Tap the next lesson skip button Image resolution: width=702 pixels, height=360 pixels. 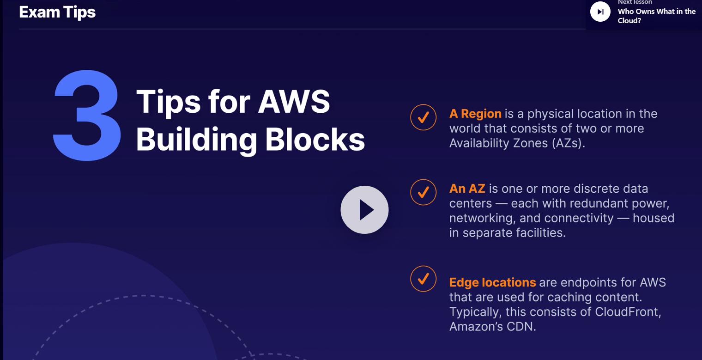tap(600, 12)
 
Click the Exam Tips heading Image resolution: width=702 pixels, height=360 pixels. tap(57, 12)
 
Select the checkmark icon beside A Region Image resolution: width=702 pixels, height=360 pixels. tap(423, 117)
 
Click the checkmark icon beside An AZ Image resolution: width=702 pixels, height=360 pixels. tap(423, 192)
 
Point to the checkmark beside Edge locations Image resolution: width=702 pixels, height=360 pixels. tap(423, 278)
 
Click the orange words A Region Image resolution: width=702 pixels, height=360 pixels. tap(475, 114)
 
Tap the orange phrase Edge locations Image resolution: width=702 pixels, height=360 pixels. tap(492, 282)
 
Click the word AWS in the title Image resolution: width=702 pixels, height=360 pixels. tap(294, 101)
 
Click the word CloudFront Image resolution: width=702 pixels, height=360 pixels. tap(628, 312)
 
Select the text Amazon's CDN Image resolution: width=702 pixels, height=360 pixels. tap(492, 327)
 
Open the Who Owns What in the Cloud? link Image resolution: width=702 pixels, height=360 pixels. tap(656, 16)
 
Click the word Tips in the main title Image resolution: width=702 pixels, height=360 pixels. tap(169, 101)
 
